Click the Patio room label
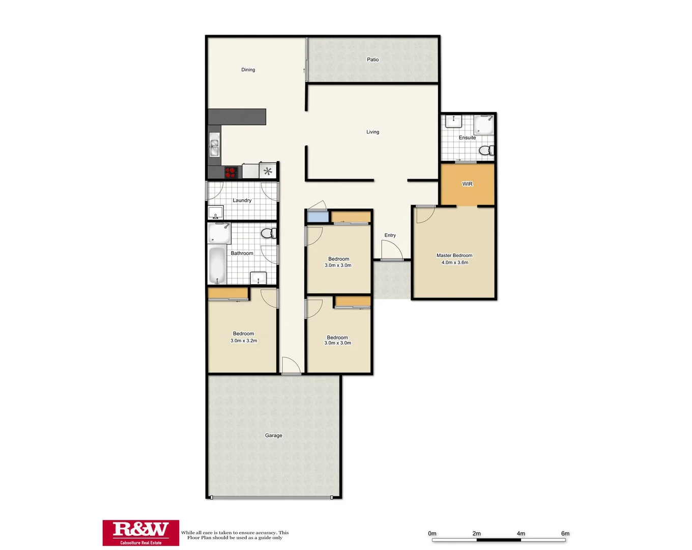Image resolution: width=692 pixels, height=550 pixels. tap(372, 60)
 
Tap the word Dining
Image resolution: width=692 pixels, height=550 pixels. tap(248, 70)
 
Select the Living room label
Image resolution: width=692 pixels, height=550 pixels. tap(372, 132)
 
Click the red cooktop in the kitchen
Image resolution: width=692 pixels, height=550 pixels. tap(232, 172)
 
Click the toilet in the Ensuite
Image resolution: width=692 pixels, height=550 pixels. tap(486, 150)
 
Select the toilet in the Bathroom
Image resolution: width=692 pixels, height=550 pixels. tap(268, 234)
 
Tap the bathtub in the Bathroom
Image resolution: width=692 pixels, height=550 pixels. tap(217, 265)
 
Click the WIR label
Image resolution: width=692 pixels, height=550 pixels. tap(467, 184)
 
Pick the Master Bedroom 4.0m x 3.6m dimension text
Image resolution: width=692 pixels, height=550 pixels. tap(454, 263)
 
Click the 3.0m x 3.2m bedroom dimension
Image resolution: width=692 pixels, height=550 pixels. tap(244, 341)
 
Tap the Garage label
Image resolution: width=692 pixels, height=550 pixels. tap(273, 435)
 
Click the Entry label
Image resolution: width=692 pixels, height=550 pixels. tap(390, 235)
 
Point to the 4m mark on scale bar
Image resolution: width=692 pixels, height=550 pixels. tap(521, 534)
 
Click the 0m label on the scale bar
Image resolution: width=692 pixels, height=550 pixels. tap(432, 534)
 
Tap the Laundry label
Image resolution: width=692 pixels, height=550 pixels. tap(242, 200)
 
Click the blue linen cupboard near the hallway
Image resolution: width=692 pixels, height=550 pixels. tap(318, 216)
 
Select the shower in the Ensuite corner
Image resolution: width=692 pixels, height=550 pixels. tap(484, 125)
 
